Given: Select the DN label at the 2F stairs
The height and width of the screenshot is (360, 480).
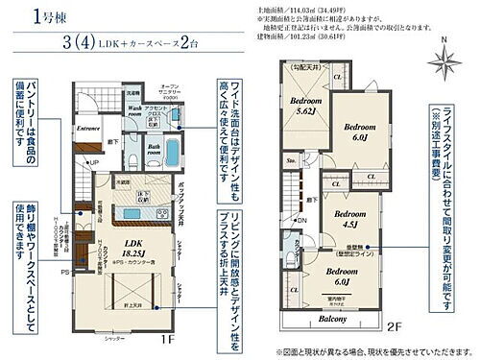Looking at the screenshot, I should point(302,219).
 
